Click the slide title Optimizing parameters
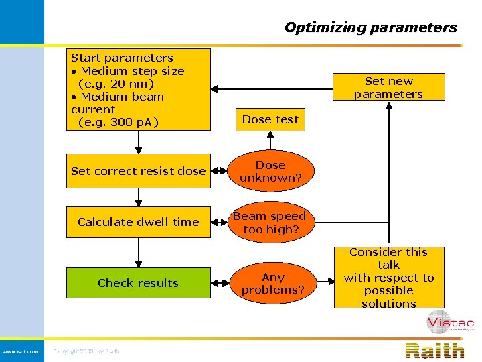pyautogui.click(x=370, y=27)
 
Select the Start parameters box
pyautogui.click(x=139, y=89)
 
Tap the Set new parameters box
pyautogui.click(x=388, y=87)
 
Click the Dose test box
pyautogui.click(x=270, y=119)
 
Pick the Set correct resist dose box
pyautogui.click(x=139, y=171)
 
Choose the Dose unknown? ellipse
pyautogui.click(x=270, y=171)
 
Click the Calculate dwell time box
pyautogui.click(x=139, y=222)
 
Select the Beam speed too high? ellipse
pyautogui.click(x=270, y=223)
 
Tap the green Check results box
pyautogui.click(x=139, y=283)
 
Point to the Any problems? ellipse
pyautogui.click(x=272, y=283)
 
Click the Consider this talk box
pyautogui.click(x=388, y=278)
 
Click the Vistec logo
pyautogui.click(x=450, y=323)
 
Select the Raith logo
pyautogui.click(x=434, y=350)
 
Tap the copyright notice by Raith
pyautogui.click(x=86, y=351)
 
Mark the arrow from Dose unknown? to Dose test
pyautogui.click(x=270, y=140)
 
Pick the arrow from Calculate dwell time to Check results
pyautogui.click(x=139, y=253)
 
